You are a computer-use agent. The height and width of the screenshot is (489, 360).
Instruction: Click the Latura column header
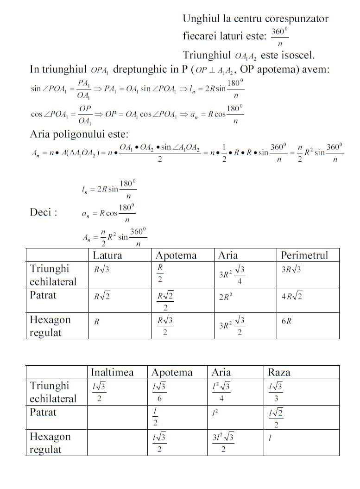pyautogui.click(x=107, y=255)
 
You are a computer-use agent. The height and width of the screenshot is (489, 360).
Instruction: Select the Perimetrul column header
pyautogui.click(x=304, y=255)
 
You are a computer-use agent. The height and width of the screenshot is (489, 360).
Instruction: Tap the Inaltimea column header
pyautogui.click(x=112, y=372)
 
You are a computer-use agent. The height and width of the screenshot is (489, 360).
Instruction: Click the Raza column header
pyautogui.click(x=279, y=372)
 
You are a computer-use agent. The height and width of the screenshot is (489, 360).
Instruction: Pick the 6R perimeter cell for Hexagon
pyautogui.click(x=286, y=321)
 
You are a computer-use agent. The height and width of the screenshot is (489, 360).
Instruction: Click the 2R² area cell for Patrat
pyautogui.click(x=226, y=297)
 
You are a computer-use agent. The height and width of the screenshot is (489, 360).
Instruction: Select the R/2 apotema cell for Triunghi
pyautogui.click(x=160, y=273)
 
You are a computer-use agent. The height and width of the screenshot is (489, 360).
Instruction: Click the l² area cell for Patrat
pyautogui.click(x=215, y=412)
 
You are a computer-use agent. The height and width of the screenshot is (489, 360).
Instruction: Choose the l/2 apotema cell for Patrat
pyautogui.click(x=155, y=417)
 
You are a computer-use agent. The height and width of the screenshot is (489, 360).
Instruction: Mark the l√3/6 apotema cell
pyautogui.click(x=159, y=392)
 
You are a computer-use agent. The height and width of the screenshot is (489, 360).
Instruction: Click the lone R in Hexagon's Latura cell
pyautogui.click(x=96, y=321)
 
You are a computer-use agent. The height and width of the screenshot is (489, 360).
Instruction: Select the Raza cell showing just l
pyautogui.click(x=270, y=438)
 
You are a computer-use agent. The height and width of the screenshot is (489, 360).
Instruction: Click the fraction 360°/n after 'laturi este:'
pyautogui.click(x=279, y=37)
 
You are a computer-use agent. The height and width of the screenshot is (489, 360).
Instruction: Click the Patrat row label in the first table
pyautogui.click(x=43, y=295)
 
